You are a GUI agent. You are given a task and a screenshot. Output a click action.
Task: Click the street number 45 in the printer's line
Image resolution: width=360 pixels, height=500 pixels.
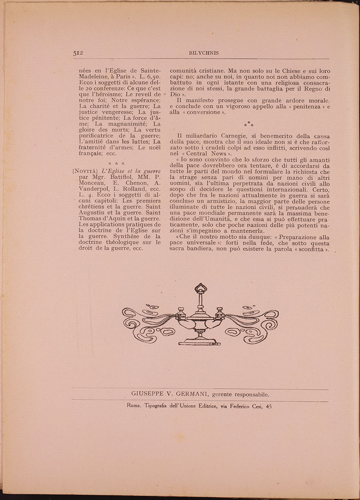coord(268,406)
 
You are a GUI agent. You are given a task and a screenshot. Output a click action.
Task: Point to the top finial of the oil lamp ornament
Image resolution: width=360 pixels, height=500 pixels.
coord(201,287)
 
